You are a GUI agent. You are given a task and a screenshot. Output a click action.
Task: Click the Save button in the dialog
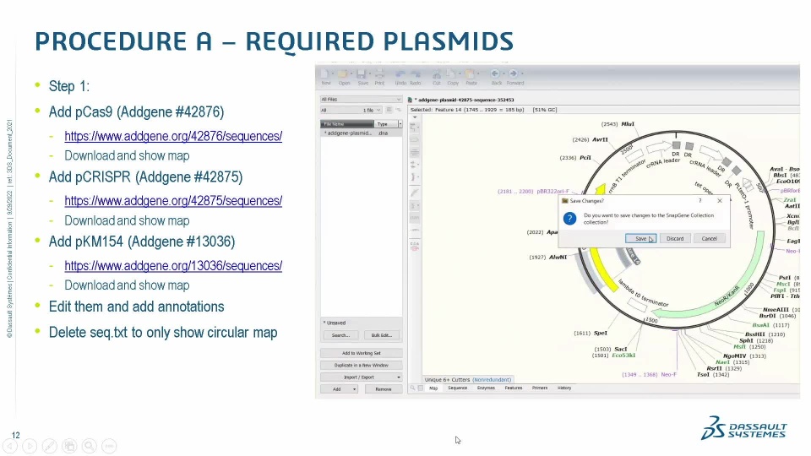(x=640, y=238)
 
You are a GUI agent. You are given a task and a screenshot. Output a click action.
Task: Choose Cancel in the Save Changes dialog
(x=709, y=238)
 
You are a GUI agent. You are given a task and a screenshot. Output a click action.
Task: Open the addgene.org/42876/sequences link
(x=173, y=136)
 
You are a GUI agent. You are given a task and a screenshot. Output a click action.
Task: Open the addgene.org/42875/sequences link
(x=173, y=201)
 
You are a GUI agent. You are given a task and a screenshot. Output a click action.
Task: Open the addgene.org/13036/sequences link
(x=173, y=265)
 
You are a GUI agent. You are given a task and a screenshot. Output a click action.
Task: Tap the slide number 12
(x=15, y=436)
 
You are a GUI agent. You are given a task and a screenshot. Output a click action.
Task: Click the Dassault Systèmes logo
(x=743, y=428)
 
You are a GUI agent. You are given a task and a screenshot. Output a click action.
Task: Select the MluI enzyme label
(x=628, y=124)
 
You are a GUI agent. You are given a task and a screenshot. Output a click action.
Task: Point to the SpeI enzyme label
(x=600, y=333)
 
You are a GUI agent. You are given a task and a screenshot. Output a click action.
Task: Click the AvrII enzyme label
(x=600, y=139)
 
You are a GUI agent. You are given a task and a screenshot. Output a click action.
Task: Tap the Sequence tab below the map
(x=457, y=388)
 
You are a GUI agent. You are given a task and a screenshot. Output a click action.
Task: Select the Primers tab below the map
(x=539, y=388)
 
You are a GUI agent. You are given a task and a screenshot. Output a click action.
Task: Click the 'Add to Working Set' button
(x=361, y=353)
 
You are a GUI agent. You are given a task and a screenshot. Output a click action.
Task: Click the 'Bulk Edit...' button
(x=381, y=335)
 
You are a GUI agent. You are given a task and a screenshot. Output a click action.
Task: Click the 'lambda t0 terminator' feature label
(x=643, y=293)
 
